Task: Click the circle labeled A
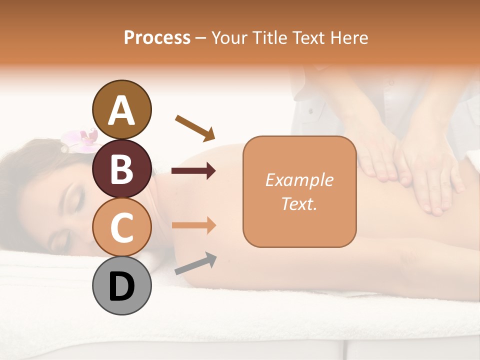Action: pyautogui.click(x=122, y=110)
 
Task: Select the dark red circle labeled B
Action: pyautogui.click(x=122, y=169)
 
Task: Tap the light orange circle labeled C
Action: pyautogui.click(x=122, y=227)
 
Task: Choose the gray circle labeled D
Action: pyautogui.click(x=122, y=286)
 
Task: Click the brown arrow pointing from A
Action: pyautogui.click(x=195, y=127)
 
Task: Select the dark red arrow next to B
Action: pyautogui.click(x=193, y=171)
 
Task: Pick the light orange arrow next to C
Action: pyautogui.click(x=193, y=225)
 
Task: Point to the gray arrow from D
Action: pyautogui.click(x=195, y=263)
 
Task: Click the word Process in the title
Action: pyautogui.click(x=157, y=37)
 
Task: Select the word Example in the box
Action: pyautogui.click(x=299, y=180)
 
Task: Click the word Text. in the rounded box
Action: pyautogui.click(x=299, y=203)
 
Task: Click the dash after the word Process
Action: pyautogui.click(x=201, y=38)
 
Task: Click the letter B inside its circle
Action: pyautogui.click(x=122, y=169)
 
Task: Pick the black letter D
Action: pyautogui.click(x=122, y=286)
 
